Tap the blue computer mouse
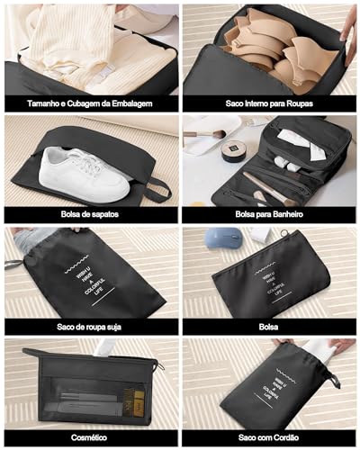click(222, 238)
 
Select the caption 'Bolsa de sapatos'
click(90, 215)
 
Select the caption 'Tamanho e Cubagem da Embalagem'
click(90, 103)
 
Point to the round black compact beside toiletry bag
click(235, 150)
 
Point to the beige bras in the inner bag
click(270, 45)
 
